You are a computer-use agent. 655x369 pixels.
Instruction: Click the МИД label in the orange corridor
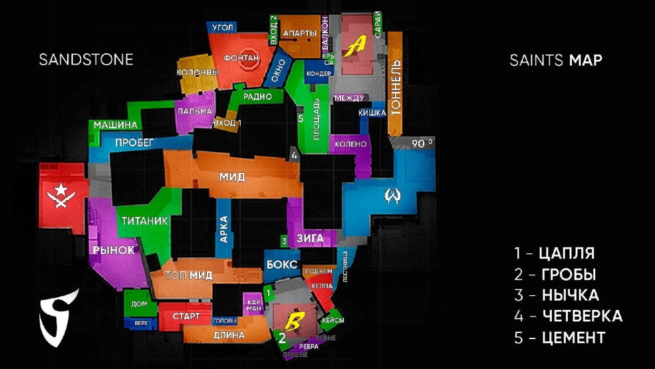[x=232, y=177]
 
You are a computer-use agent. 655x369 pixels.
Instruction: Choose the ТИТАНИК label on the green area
[x=144, y=221]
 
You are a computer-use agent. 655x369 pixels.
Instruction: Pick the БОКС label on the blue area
[x=281, y=264]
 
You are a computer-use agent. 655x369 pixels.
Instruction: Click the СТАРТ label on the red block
[x=186, y=316]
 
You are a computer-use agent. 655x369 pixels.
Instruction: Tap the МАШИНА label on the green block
[x=115, y=125]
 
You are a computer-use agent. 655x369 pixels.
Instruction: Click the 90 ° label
[x=422, y=143]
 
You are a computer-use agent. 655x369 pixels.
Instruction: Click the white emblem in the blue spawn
[x=392, y=196]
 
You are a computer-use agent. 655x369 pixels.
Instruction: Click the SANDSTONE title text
[x=86, y=60]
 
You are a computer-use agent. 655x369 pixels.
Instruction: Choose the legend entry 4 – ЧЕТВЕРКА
[x=568, y=316]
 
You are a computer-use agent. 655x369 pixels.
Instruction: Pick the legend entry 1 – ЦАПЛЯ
[x=554, y=253]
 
